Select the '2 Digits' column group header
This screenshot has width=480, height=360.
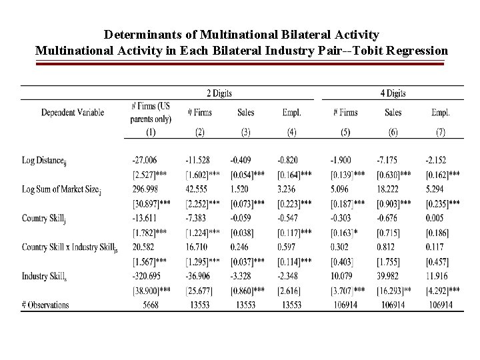click(x=219, y=93)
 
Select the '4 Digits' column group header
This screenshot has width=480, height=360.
click(x=393, y=93)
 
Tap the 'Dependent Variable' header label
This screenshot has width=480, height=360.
click(x=73, y=113)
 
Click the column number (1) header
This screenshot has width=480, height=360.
click(x=151, y=133)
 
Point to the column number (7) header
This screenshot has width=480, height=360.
click(x=441, y=133)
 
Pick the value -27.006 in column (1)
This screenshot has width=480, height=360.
click(x=145, y=161)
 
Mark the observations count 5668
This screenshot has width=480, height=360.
click(x=151, y=305)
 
